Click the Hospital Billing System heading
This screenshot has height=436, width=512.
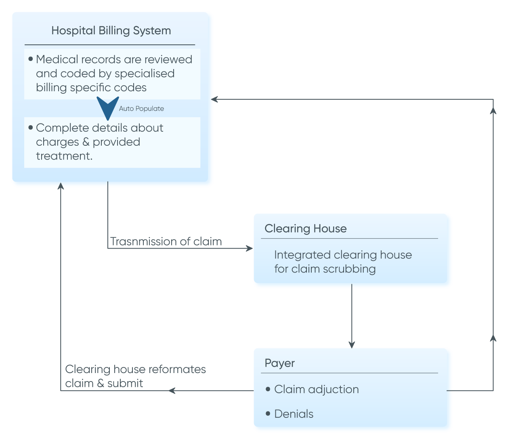pyautogui.click(x=111, y=31)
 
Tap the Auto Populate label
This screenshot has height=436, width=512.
pyautogui.click(x=141, y=109)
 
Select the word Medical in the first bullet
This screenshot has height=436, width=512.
pyautogui.click(x=57, y=59)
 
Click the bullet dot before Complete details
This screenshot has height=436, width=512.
pyautogui.click(x=31, y=128)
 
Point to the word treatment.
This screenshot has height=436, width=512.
pyautogui.click(x=64, y=156)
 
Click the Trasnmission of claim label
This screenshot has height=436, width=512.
pyautogui.click(x=166, y=241)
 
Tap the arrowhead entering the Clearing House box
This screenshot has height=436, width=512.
pyautogui.click(x=250, y=248)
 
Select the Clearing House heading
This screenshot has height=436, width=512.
pyautogui.click(x=305, y=228)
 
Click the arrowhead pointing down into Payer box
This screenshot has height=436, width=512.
pyautogui.click(x=352, y=344)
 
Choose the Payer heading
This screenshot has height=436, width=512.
pyautogui.click(x=279, y=363)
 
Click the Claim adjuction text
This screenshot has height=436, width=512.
pyautogui.click(x=316, y=389)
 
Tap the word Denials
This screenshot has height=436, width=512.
pyautogui.click(x=294, y=414)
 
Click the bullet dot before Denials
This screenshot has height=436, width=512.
pyautogui.click(x=268, y=414)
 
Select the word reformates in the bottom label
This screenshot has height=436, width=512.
pyautogui.click(x=177, y=369)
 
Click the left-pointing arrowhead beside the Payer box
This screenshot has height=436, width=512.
pyautogui.click(x=172, y=390)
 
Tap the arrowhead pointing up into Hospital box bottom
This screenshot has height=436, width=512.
pyautogui.click(x=61, y=186)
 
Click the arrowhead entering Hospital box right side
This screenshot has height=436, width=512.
pyautogui.click(x=214, y=99)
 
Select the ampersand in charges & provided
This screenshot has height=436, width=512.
pyautogui.click(x=86, y=142)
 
